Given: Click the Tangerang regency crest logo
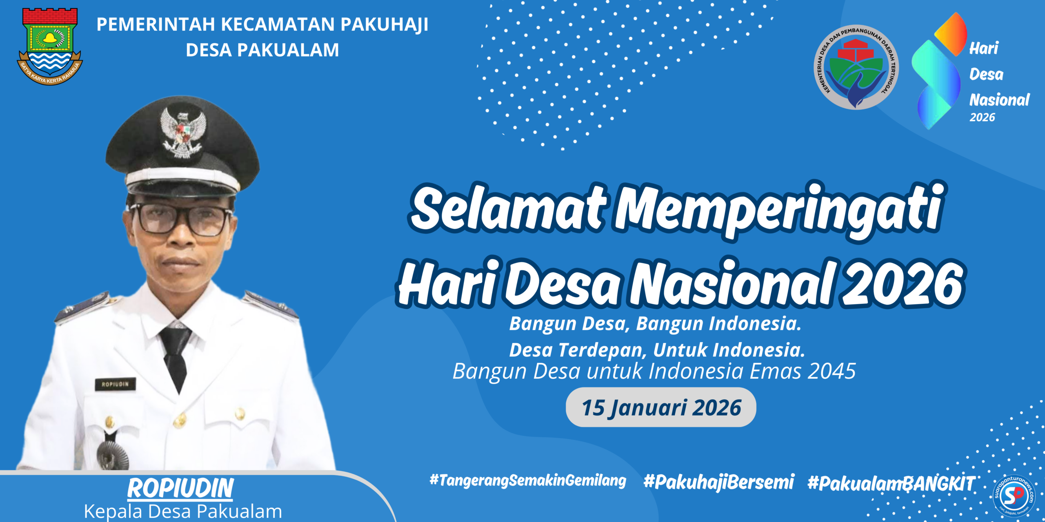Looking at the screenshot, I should tap(50, 46).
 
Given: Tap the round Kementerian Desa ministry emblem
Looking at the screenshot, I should tap(856, 67).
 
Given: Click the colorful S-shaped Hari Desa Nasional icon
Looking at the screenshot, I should tap(939, 71).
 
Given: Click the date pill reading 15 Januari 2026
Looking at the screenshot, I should tap(661, 407).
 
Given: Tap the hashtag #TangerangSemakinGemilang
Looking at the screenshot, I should tap(527, 480).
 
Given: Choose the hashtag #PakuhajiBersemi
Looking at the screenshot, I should tap(718, 482).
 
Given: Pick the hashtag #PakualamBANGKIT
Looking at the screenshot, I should tap(891, 484).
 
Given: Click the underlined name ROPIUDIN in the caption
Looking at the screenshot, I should tap(180, 488).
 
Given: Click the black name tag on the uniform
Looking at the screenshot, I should tap(115, 384).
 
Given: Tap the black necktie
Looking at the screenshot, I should tap(176, 355).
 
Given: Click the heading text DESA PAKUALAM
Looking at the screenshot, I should tap(262, 50).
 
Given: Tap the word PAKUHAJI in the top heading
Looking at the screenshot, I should tap(385, 24).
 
